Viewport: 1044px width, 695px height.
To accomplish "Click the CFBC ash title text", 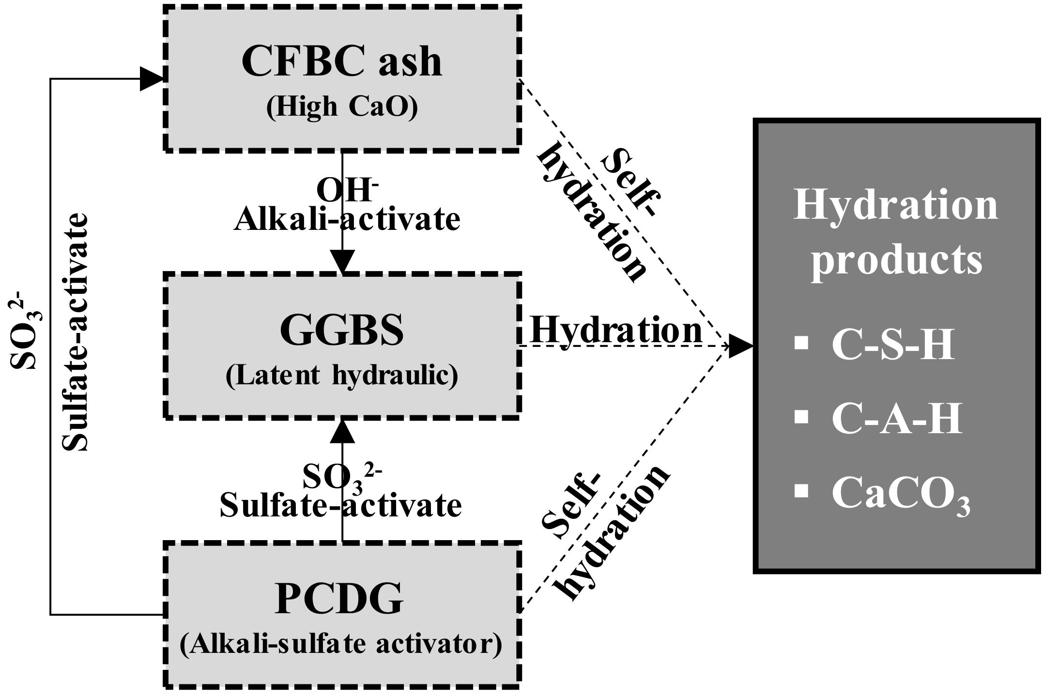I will [341, 62].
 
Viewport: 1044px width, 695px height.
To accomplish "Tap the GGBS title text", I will [341, 330].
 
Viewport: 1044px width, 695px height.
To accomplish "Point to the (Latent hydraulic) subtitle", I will [341, 376].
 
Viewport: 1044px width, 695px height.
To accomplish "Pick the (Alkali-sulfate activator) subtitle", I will [341, 645].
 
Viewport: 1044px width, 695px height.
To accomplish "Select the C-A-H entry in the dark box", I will [897, 419].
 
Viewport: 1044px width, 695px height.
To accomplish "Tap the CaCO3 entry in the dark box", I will [901, 494].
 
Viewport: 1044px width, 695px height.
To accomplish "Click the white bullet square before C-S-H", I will [802, 344].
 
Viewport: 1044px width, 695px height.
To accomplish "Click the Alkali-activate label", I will [347, 219].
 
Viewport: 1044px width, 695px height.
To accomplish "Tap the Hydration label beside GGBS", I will [616, 331].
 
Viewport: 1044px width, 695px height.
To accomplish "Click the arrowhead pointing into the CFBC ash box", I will [152, 79].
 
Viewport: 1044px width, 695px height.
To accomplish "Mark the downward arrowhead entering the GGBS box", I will [342, 262].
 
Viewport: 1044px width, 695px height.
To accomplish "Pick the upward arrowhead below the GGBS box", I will [342, 431].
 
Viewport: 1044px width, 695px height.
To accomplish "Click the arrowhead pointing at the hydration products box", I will [741, 346].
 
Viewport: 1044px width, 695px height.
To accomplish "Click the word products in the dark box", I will [897, 259].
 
